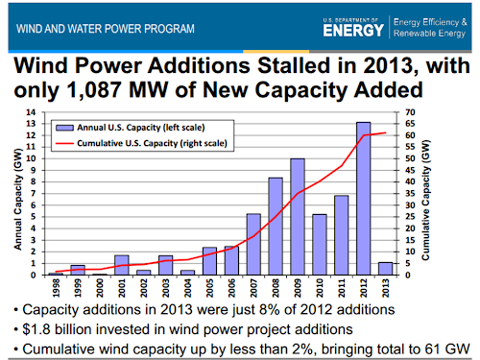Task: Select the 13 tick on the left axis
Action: point(32,124)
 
